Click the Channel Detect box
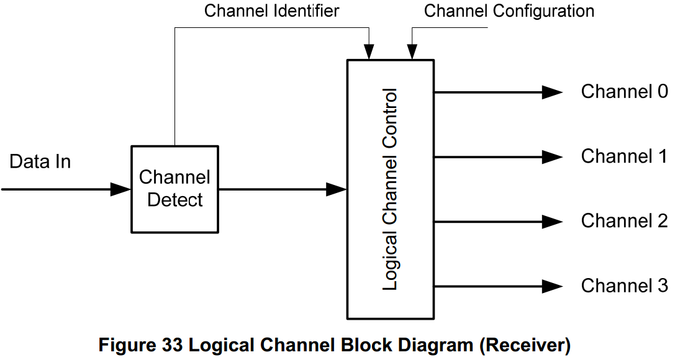[174, 189]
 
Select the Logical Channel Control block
[390, 189]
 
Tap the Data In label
[40, 162]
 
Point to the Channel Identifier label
[272, 11]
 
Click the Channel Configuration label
[509, 11]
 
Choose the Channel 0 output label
[624, 92]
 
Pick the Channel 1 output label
[624, 156]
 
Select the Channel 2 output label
[624, 221]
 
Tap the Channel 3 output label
[624, 286]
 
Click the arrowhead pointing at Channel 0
[552, 92]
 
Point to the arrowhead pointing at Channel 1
[552, 157]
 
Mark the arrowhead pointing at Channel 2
[552, 222]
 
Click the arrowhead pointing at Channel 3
[552, 286]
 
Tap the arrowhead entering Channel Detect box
[120, 189]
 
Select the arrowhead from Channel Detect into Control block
[336, 189]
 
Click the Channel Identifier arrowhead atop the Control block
[369, 52]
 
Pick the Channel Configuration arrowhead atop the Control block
[411, 52]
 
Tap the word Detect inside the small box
[175, 200]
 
